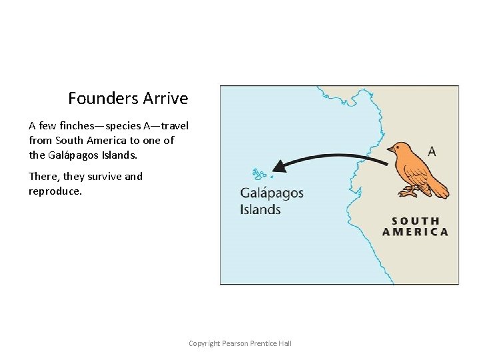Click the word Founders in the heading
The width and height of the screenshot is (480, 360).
[103, 99]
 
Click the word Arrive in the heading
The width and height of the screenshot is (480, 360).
[165, 99]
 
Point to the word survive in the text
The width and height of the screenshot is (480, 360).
[104, 177]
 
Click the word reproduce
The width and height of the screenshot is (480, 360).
[55, 191]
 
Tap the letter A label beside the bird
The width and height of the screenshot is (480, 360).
[432, 151]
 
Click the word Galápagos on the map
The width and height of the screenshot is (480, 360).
[271, 194]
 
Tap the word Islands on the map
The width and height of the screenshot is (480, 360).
[261, 209]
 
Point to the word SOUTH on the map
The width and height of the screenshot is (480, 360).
[415, 221]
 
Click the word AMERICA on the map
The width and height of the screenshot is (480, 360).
[415, 232]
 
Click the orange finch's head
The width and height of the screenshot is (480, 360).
[399, 149]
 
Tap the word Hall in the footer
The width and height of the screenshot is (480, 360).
[284, 343]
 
